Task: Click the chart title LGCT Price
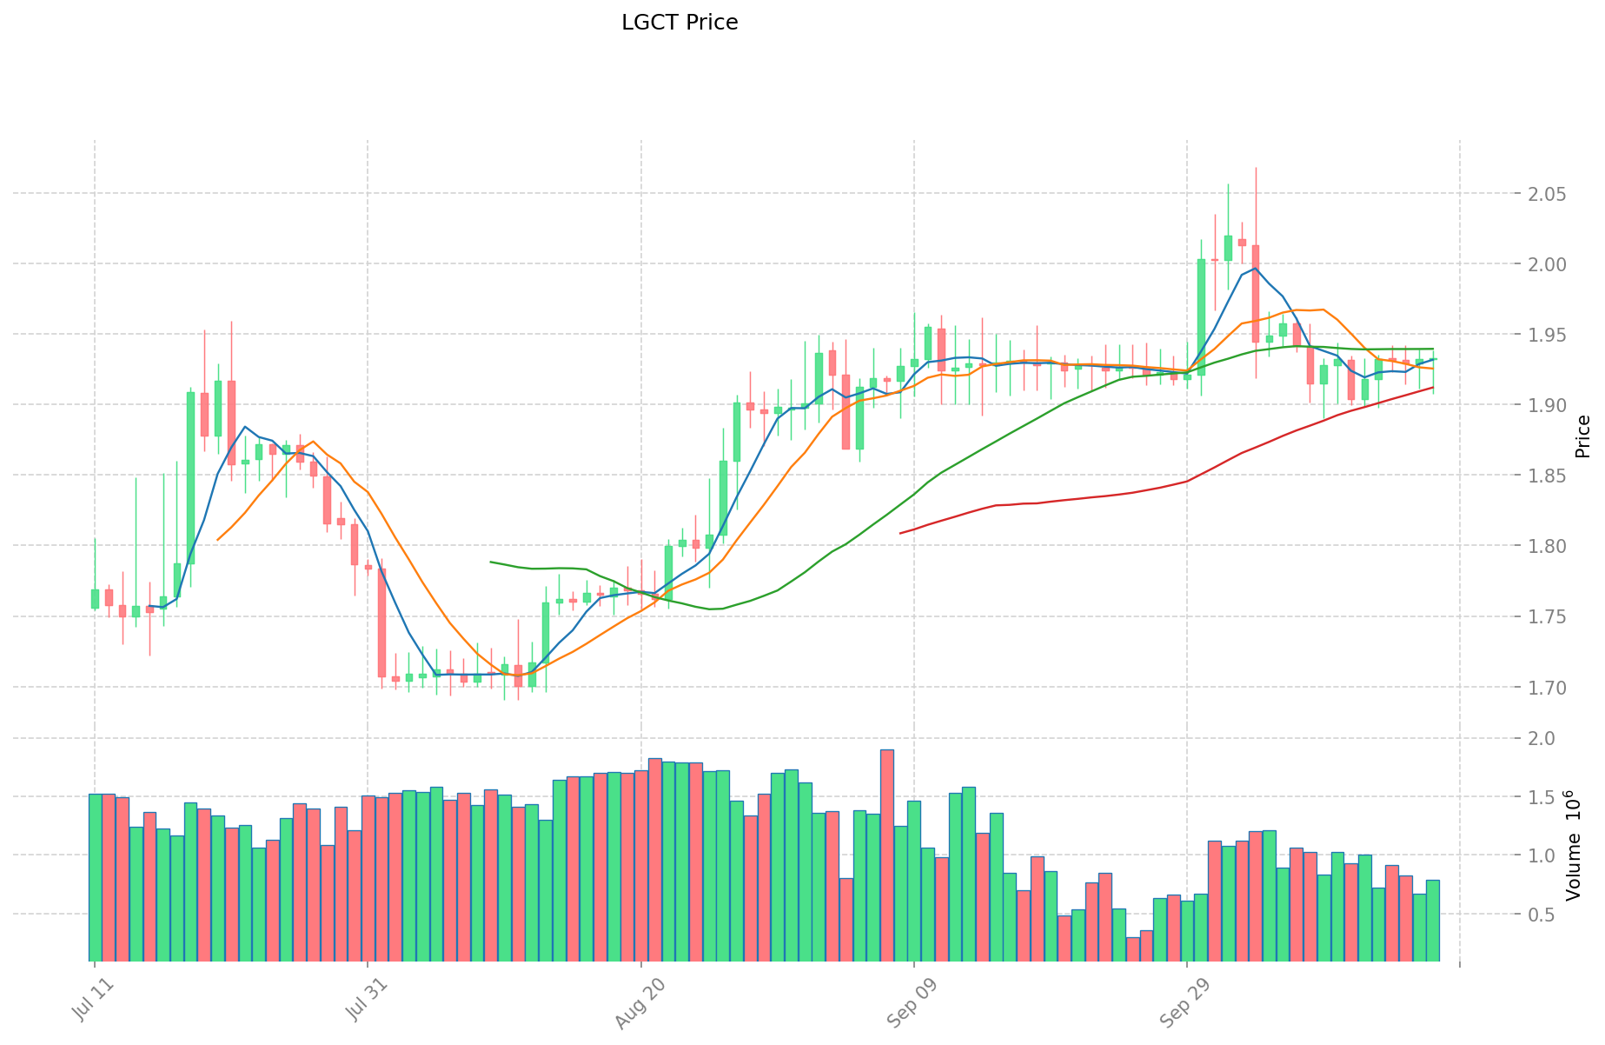[680, 23]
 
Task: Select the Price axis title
[1582, 436]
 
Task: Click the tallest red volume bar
[887, 855]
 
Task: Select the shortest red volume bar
[1132, 948]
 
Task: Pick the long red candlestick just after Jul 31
[381, 622]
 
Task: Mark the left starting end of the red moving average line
[900, 533]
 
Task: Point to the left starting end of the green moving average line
[491, 562]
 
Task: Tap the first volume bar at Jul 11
[95, 876]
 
